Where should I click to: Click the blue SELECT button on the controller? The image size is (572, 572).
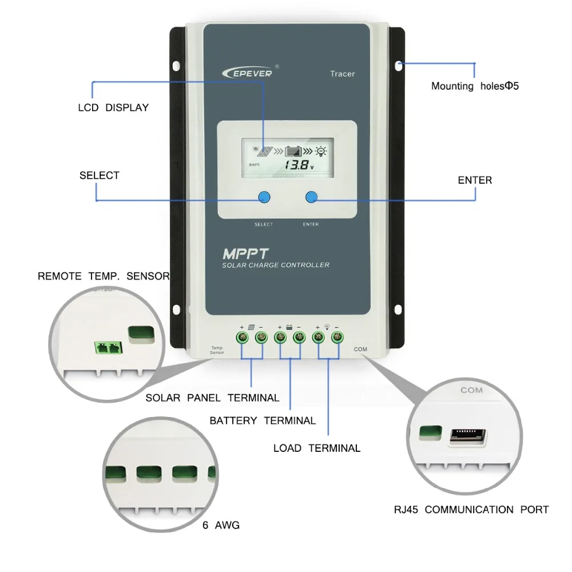(x=263, y=197)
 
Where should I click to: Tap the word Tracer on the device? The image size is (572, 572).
(x=342, y=74)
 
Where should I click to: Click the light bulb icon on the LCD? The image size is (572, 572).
(x=322, y=152)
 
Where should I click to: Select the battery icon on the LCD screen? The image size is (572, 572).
(x=293, y=152)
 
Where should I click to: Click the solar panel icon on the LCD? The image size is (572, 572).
(x=264, y=152)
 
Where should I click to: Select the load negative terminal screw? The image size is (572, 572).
(x=337, y=337)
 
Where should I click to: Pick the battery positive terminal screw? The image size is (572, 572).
(x=280, y=337)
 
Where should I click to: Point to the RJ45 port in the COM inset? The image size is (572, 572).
(x=467, y=438)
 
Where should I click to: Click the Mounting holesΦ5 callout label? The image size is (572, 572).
(x=475, y=86)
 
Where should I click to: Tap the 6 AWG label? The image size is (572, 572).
(x=221, y=525)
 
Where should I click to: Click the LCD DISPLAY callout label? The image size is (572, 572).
(x=113, y=108)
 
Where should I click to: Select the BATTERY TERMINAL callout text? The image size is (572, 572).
(x=263, y=420)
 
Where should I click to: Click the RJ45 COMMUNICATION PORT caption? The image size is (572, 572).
(x=471, y=510)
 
